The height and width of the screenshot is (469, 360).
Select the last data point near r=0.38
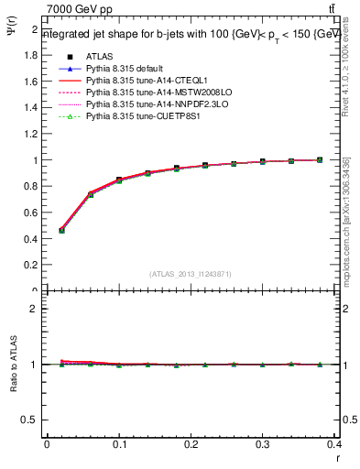[x=321, y=160]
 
